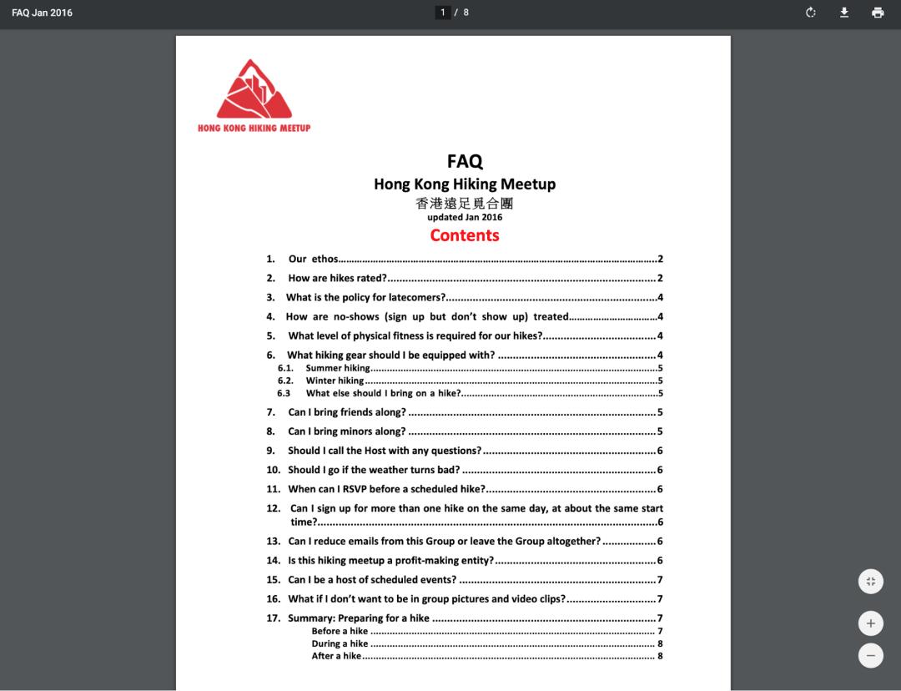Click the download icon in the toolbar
(844, 13)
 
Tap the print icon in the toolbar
(878, 13)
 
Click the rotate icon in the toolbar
(811, 13)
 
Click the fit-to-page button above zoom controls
(870, 582)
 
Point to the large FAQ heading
(465, 161)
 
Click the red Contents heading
(465, 235)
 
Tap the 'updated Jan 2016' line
(465, 217)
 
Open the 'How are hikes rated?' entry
(337, 278)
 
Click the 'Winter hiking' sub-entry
(335, 381)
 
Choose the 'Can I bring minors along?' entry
(346, 431)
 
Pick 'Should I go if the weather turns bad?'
(374, 470)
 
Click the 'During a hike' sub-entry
(340, 643)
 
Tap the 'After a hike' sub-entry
(336, 656)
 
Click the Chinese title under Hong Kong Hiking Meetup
(465, 203)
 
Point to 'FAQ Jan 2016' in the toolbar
(42, 13)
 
